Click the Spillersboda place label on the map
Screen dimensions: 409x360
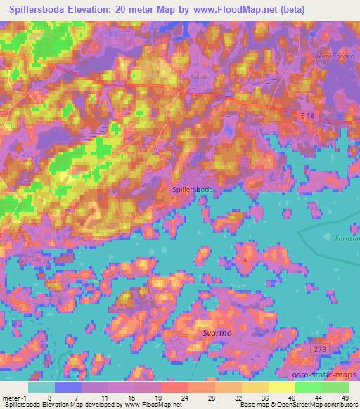193,189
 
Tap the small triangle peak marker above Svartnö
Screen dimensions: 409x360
245,259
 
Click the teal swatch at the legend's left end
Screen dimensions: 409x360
41,387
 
